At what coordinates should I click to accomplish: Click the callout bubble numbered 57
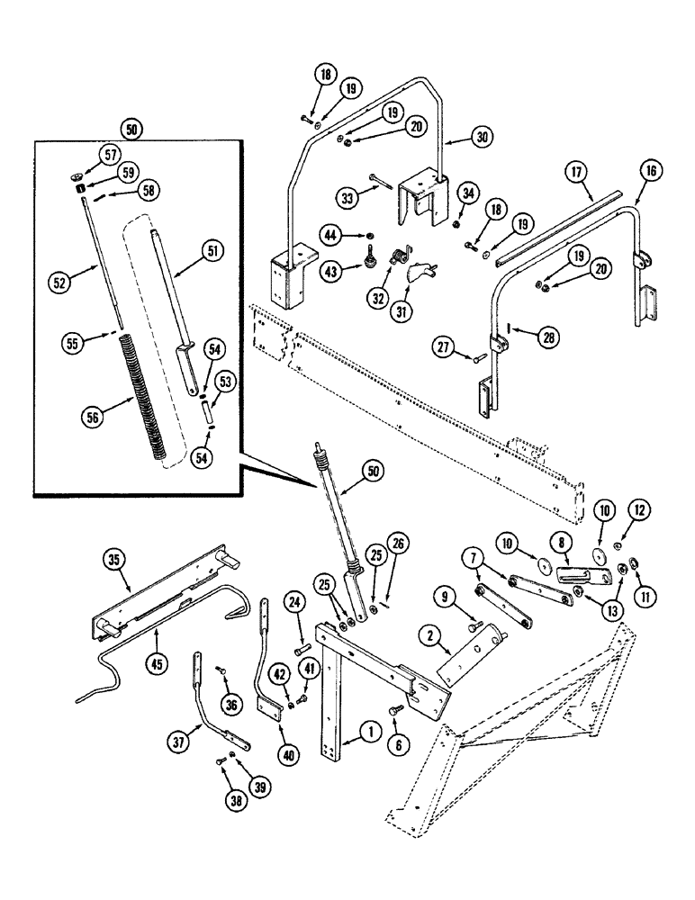(111, 155)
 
